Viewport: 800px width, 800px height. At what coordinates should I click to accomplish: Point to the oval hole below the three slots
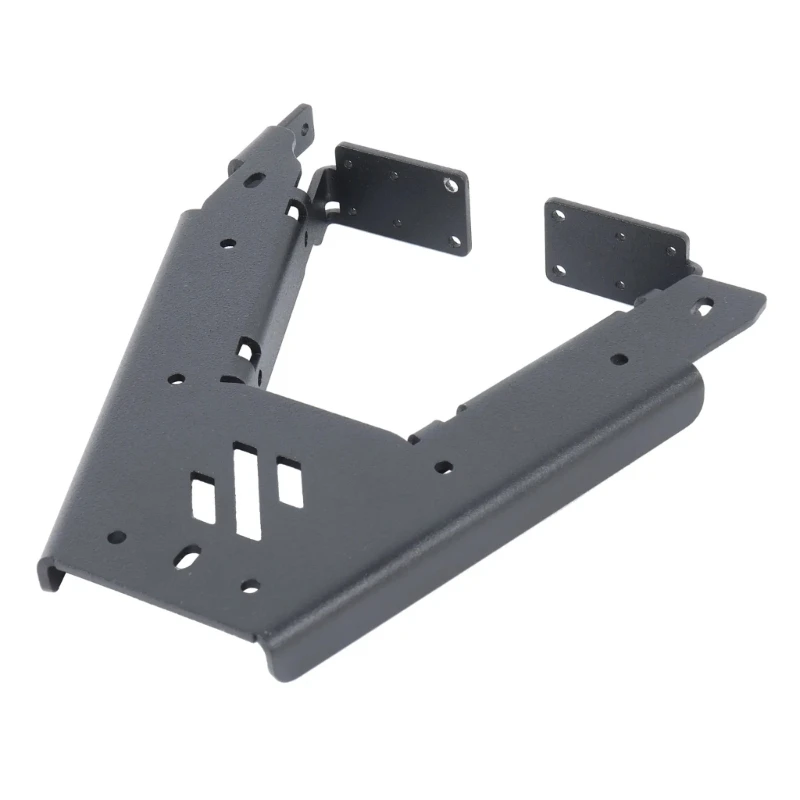(187, 556)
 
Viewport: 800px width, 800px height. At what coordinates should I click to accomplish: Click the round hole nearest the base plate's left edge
(115, 537)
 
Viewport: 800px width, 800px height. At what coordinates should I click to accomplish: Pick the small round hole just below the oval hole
(249, 586)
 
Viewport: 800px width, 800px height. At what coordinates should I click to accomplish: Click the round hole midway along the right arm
(619, 358)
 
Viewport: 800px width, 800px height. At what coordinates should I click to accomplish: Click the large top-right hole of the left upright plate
(452, 185)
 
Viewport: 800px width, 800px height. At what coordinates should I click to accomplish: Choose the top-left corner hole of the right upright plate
(558, 214)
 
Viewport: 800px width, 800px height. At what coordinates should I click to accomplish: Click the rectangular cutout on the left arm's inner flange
(246, 352)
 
